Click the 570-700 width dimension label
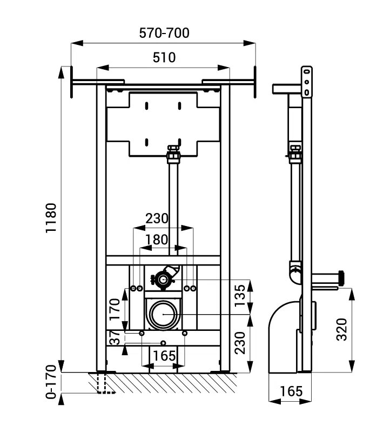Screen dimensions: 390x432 (164, 33)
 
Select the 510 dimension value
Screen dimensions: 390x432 (164, 57)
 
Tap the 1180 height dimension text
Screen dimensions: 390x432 (51, 218)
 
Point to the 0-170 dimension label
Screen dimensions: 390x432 (51, 382)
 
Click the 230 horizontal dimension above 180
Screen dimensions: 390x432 (157, 218)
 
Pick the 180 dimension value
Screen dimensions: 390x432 (157, 240)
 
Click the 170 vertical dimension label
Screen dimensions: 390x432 (115, 309)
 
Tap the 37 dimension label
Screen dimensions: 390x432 (115, 338)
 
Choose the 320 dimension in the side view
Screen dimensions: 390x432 (342, 329)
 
